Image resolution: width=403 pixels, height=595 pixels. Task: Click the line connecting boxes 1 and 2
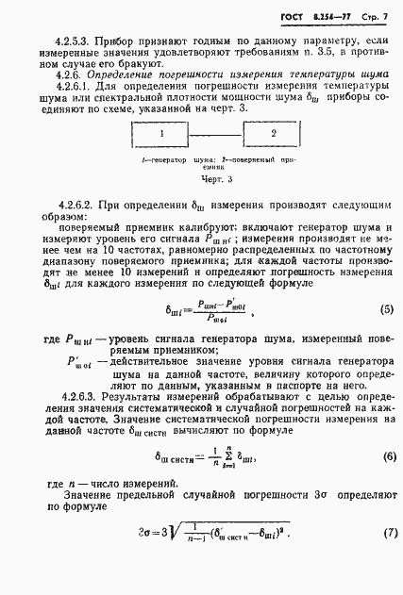tap(216, 136)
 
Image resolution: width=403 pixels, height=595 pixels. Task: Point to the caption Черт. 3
tap(214, 177)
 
